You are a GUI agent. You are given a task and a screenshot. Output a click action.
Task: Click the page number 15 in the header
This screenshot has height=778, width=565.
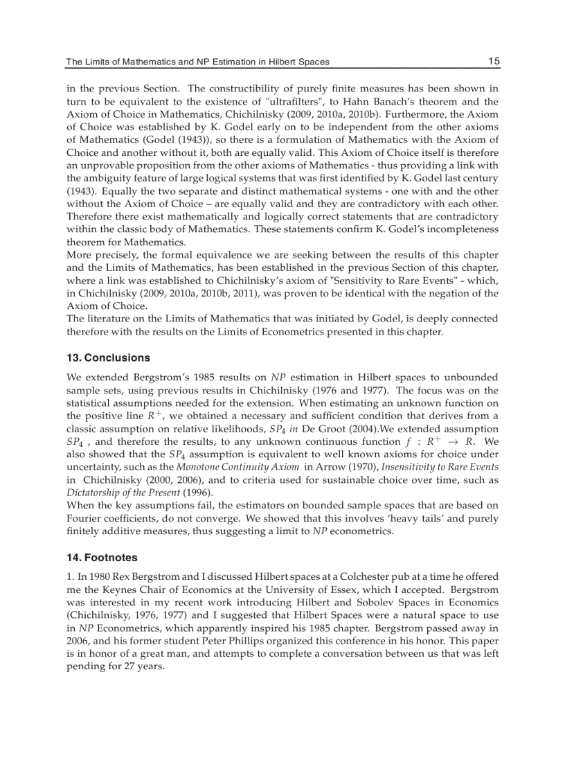coord(494,62)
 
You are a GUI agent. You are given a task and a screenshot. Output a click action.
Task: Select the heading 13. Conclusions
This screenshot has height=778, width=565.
coord(108,358)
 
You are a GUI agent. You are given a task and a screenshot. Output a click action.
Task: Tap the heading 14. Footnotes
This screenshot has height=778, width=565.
coord(102,558)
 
